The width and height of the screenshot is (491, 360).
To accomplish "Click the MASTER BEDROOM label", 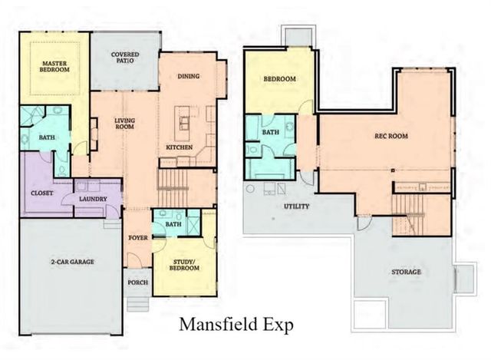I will click(55, 66).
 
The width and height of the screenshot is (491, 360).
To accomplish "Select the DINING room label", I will click(189, 76).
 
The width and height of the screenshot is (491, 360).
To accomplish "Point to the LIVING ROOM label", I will click(125, 124).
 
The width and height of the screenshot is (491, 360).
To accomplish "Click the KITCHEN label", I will click(179, 147).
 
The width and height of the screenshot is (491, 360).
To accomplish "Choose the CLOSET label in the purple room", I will click(42, 193).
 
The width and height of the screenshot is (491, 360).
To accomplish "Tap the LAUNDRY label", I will click(93, 199).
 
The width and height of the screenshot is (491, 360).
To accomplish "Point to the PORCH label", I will click(138, 282).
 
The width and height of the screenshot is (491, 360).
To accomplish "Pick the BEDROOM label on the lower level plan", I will click(280, 79).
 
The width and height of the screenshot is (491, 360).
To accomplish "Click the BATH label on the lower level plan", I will click(271, 132).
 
